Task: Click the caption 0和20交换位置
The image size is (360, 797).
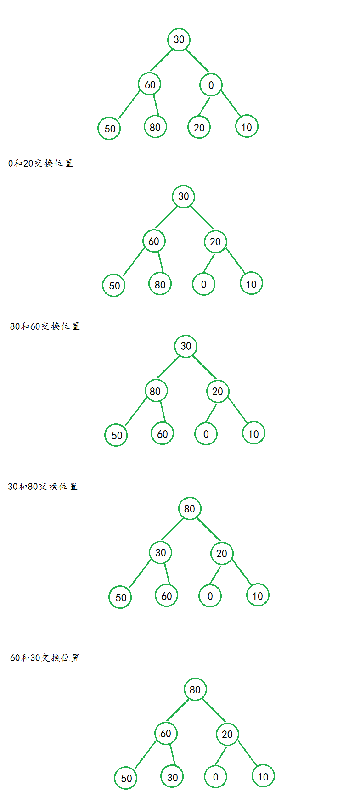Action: point(40,163)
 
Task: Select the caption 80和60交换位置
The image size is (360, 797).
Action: point(45,326)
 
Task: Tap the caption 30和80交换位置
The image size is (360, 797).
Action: point(43,486)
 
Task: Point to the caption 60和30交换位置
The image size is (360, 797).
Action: point(45,657)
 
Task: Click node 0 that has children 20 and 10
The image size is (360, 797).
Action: point(211,85)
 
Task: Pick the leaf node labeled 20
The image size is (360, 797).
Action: point(199,128)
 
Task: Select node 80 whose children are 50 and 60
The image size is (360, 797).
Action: point(156,391)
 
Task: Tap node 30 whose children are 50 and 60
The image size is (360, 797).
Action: point(160,552)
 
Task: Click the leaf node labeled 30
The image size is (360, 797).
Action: point(172,777)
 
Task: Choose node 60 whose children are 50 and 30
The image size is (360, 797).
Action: point(166,733)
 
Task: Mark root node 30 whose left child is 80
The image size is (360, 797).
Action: point(186,346)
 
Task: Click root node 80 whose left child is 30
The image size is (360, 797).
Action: point(190,509)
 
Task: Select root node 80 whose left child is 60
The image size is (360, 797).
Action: point(195,690)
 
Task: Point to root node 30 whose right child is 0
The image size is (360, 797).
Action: point(179,39)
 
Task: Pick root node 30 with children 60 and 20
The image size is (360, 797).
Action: point(183,196)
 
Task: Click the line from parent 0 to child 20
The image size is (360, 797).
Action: point(204,107)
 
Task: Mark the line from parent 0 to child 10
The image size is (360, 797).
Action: point(231,103)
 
